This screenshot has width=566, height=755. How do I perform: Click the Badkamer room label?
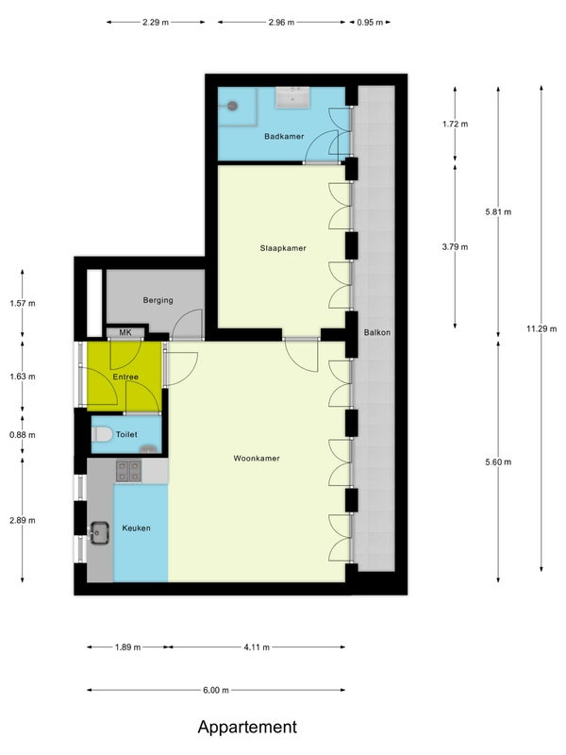pos(284,136)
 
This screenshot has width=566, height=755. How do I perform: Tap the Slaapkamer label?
pos(283,248)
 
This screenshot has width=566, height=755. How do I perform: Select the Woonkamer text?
pos(257,458)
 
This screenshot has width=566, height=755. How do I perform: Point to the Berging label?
pos(158,300)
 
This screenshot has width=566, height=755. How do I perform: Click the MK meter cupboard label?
pos(125,332)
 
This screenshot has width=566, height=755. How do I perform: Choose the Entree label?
pos(125,377)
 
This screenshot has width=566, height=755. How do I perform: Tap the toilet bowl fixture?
pos(102,434)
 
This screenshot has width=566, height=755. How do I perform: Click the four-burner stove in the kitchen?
pos(128,471)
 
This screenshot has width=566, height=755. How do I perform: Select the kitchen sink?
pos(99,532)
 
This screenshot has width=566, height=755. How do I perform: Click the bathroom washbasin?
pos(293,98)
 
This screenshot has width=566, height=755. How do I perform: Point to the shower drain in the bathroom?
pos(233,106)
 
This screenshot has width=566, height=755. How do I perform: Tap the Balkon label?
pos(377,332)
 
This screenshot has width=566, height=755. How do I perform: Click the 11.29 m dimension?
pos(541,328)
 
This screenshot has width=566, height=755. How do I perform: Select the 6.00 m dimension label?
pos(216,690)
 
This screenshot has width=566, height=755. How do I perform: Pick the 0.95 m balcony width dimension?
pos(370,22)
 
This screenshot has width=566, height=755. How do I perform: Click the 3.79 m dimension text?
pos(455,247)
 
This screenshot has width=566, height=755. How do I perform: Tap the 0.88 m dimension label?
pos(22,435)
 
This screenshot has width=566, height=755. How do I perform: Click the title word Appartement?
pos(247,727)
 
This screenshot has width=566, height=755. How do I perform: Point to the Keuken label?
pos(136,528)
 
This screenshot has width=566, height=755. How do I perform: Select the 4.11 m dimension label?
pos(257,647)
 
